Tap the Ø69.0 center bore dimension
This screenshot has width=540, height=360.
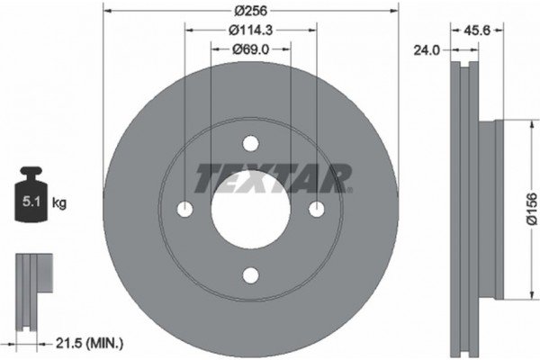tap(251, 49)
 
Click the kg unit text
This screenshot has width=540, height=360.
tap(60, 204)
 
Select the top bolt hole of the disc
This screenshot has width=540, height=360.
tap(250, 143)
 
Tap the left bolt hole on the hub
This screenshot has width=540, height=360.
tap(185, 209)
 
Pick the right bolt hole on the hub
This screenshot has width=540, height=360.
tap(316, 209)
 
